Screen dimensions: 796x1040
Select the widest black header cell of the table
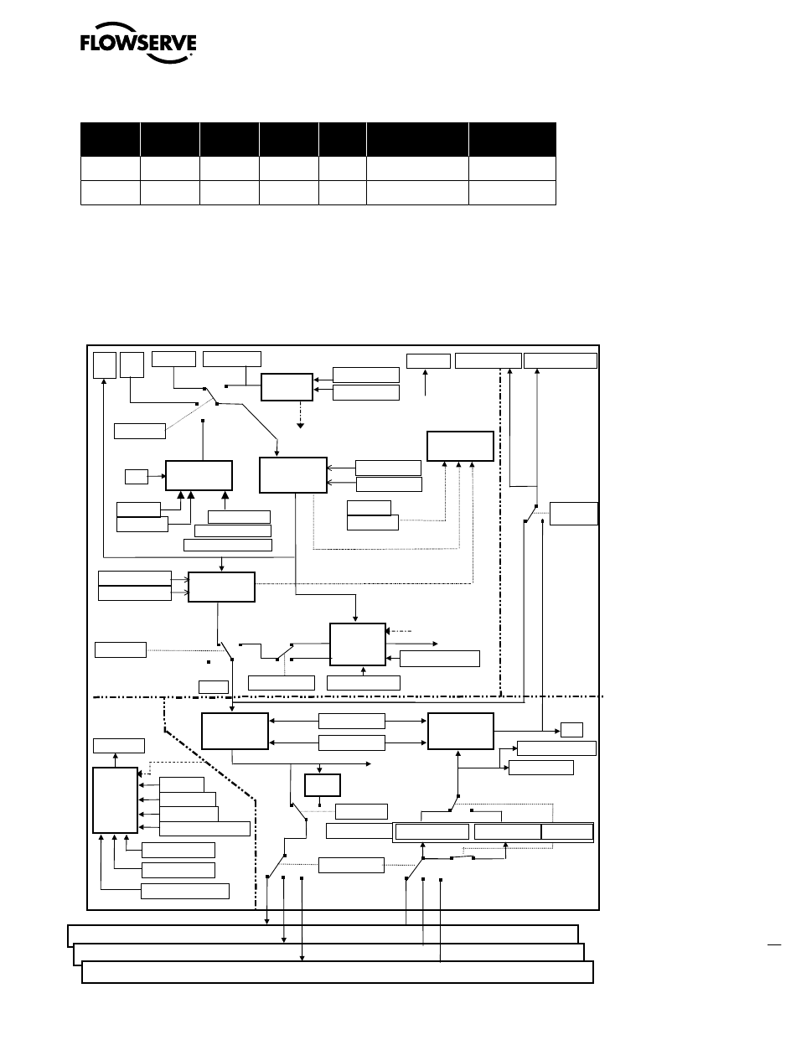[417, 139]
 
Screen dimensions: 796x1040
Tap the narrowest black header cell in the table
[342, 139]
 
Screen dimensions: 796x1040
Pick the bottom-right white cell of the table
[513, 192]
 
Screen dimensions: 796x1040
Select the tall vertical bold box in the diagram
[114, 800]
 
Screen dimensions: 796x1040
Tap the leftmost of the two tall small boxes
[104, 365]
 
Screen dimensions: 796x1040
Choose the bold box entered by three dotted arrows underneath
[460, 446]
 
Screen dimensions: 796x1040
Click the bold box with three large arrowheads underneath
[199, 475]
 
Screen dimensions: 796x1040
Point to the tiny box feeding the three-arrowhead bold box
[136, 477]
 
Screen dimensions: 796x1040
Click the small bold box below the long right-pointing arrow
[322, 785]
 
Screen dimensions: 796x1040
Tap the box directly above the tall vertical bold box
[118, 745]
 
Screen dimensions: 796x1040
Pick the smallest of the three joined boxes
[567, 832]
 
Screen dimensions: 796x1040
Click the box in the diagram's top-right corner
[561, 360]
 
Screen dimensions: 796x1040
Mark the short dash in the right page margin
[774, 944]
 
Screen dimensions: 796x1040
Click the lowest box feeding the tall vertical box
[184, 891]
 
